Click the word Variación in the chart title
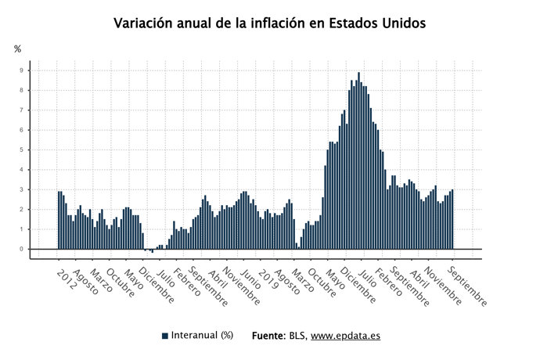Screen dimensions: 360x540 point(144,23)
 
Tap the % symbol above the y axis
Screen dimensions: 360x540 point(18,49)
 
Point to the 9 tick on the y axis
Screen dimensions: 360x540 point(22,70)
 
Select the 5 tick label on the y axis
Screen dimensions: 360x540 point(22,150)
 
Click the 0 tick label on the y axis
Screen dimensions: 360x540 point(22,250)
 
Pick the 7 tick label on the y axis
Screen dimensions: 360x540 point(22,110)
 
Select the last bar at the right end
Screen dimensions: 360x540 point(452,220)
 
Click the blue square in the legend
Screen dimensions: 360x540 point(165,336)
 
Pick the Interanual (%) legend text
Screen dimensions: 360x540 point(203,336)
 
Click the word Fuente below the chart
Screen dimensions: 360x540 point(268,336)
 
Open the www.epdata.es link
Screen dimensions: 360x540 point(345,336)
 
